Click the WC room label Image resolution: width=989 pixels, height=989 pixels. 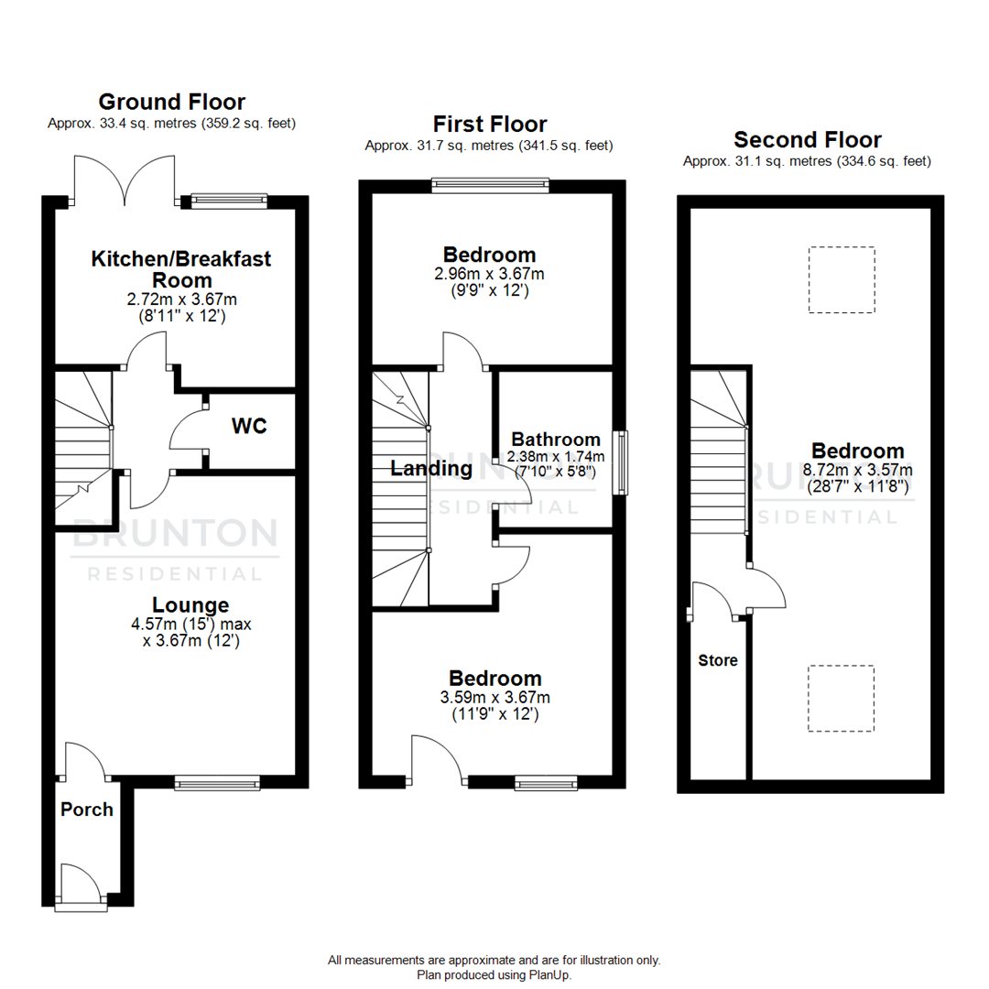(x=249, y=427)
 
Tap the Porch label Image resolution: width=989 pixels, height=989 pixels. (x=87, y=810)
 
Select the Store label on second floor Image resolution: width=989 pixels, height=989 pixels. (x=718, y=660)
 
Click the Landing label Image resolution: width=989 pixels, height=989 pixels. (x=431, y=469)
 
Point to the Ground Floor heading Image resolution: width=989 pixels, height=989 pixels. (x=171, y=102)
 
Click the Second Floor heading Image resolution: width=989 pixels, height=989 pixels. (x=807, y=140)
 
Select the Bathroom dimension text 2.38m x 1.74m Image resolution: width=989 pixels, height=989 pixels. (x=556, y=456)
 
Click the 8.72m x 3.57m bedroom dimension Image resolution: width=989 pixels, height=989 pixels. (x=858, y=470)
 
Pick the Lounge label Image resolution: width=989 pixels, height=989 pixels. (x=190, y=605)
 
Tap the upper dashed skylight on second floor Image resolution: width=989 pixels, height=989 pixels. (x=842, y=279)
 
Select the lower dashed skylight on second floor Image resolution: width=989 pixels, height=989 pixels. (x=842, y=698)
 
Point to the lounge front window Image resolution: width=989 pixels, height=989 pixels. (x=217, y=783)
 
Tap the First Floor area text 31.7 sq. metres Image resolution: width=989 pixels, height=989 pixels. (x=488, y=146)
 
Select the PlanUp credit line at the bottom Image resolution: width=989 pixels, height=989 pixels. (x=494, y=975)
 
